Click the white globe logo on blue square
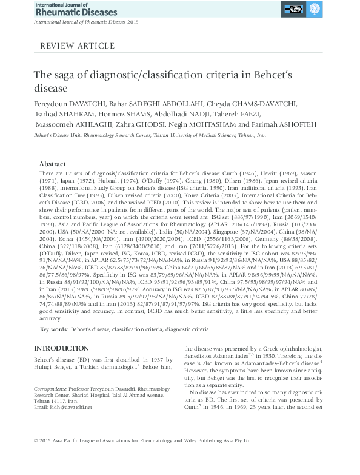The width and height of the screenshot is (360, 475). [315, 10]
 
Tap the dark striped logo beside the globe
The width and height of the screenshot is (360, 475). [296, 10]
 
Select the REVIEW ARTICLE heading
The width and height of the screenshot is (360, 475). [76, 46]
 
